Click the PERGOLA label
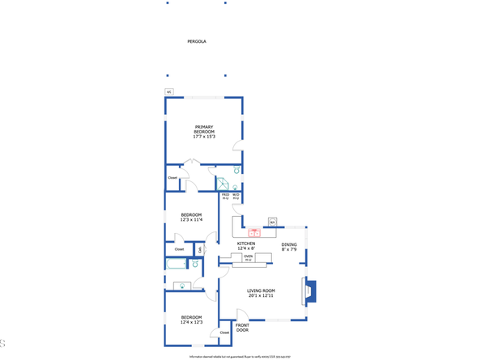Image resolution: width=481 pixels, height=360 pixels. (x=198, y=40)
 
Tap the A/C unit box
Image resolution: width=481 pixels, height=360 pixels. (x=169, y=92)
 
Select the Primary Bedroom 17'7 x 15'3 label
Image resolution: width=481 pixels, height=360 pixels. (x=203, y=132)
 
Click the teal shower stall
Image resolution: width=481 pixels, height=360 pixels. (x=222, y=184)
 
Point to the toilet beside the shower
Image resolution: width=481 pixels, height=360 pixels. (x=236, y=171)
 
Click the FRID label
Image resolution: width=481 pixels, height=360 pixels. (x=226, y=196)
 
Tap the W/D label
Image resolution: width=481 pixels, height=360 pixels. (x=236, y=196)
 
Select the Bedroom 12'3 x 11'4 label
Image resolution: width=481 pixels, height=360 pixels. (x=191, y=217)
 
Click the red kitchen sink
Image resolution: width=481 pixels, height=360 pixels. (x=253, y=233)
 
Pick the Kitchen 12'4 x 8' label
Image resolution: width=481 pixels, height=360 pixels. (x=246, y=246)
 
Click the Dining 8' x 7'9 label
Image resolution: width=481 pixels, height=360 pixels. (x=289, y=247)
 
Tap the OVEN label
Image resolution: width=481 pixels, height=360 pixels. (x=248, y=257)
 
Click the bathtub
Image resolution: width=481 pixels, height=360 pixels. (x=177, y=264)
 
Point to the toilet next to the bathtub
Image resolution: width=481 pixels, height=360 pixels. (x=196, y=264)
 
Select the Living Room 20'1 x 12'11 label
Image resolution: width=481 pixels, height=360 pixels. (x=261, y=293)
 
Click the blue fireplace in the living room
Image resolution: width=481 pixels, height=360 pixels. (x=310, y=291)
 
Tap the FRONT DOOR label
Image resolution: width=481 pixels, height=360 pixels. (x=242, y=328)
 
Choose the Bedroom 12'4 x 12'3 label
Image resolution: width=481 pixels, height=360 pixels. (x=191, y=320)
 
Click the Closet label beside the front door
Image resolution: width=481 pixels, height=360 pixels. (x=224, y=332)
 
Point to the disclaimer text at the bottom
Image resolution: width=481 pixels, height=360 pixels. (x=240, y=356)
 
